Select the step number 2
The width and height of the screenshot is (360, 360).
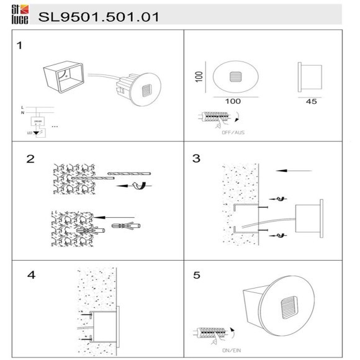pos(30,158)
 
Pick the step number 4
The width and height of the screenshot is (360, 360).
pos(31,274)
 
